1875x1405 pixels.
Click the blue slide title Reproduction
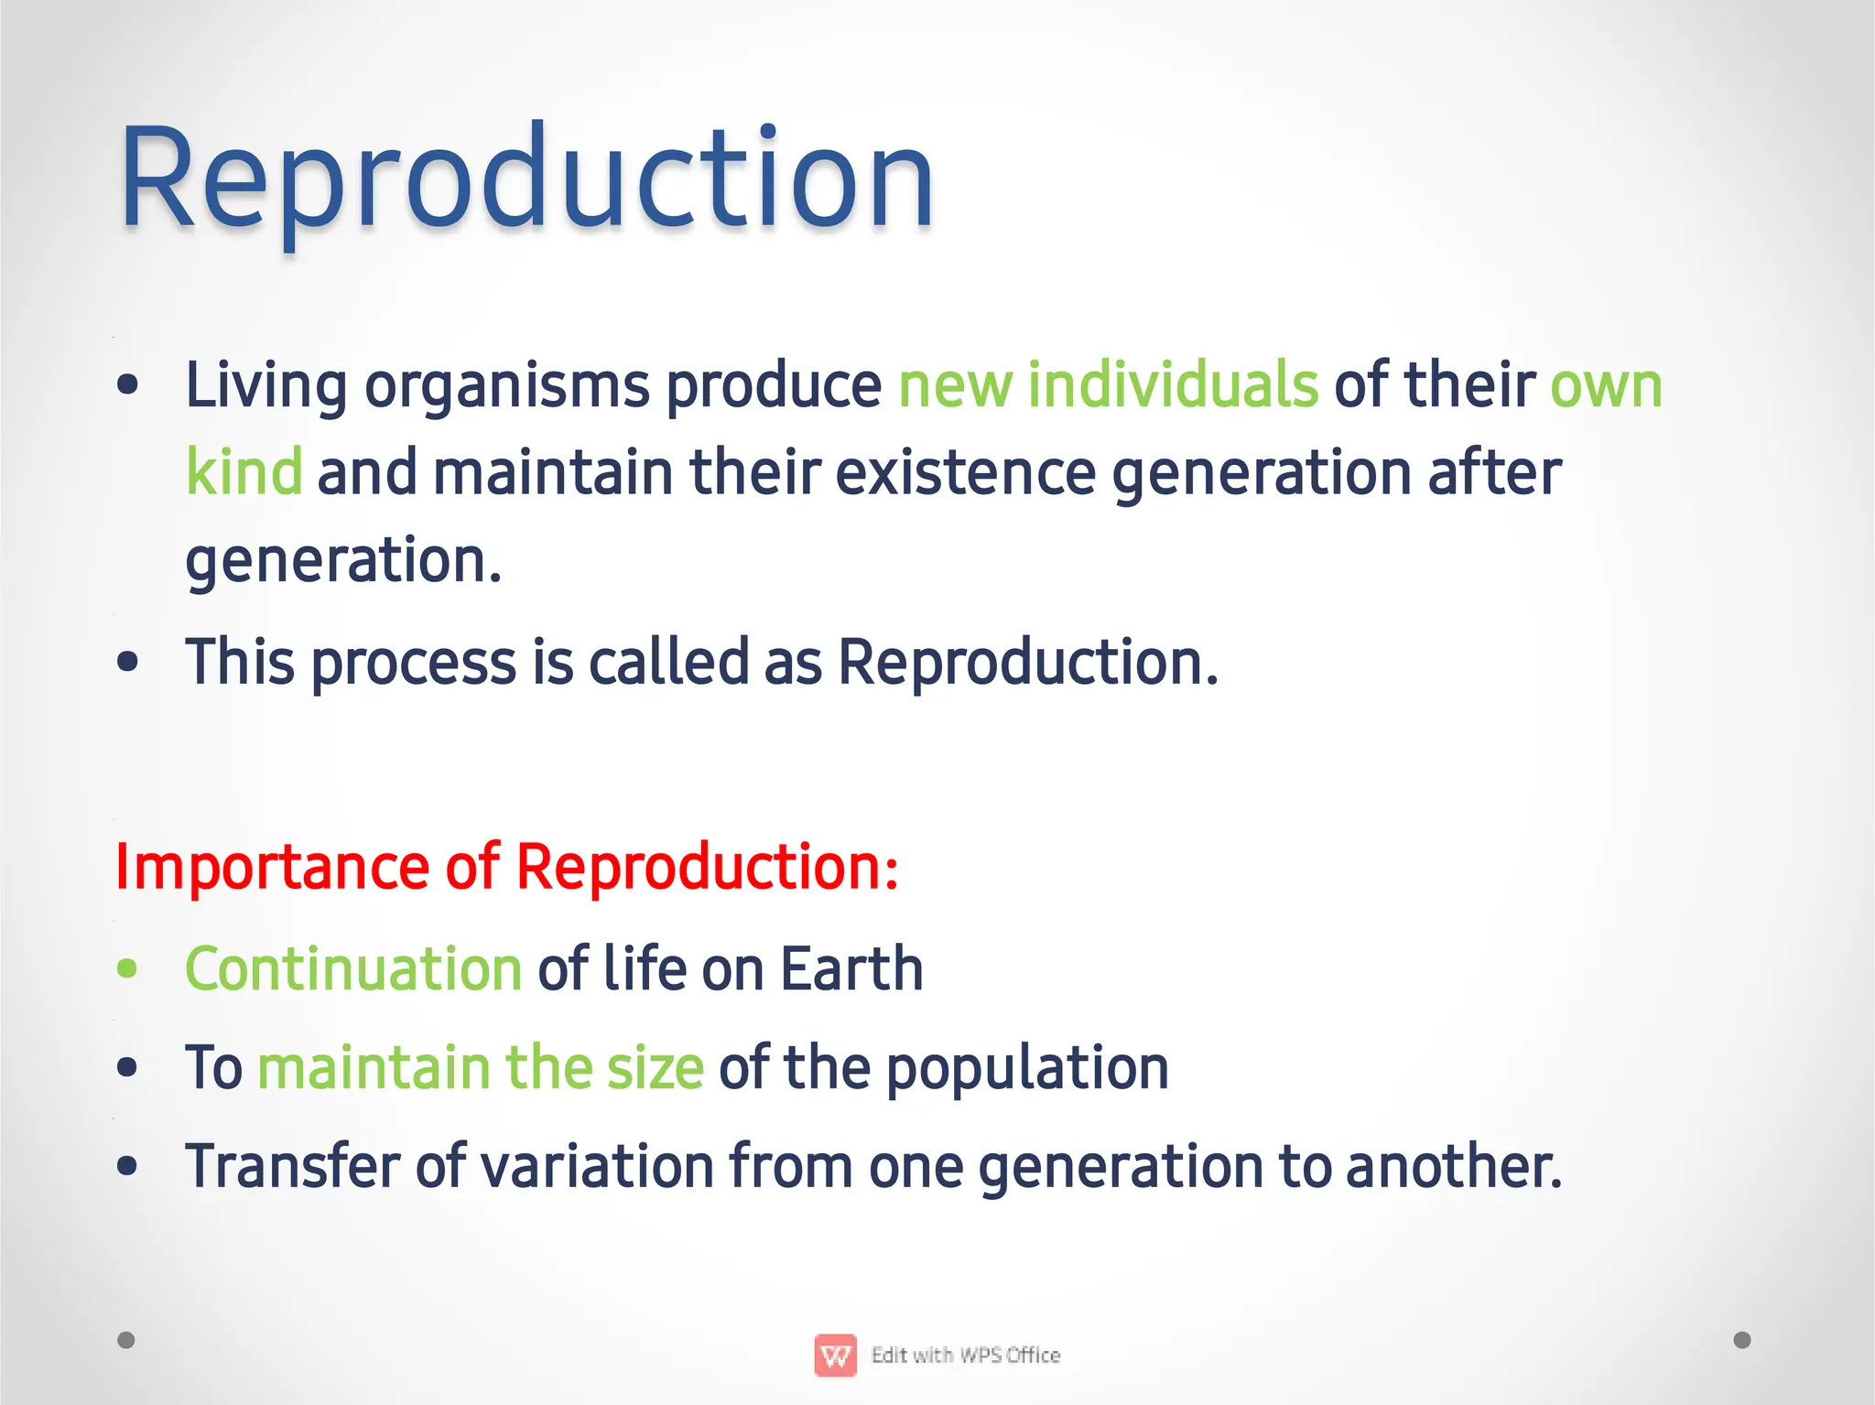[526, 178]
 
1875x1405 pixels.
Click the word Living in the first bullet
[266, 385]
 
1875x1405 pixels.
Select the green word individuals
[1172, 384]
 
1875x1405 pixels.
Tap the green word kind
[244, 471]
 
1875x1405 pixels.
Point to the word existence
[965, 473]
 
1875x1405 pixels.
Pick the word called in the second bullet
[668, 662]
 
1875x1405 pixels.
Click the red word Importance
[272, 867]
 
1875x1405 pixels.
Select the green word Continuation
[353, 968]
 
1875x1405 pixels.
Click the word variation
[597, 1166]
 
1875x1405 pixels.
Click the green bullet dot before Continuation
[127, 969]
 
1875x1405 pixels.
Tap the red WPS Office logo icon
[835, 1356]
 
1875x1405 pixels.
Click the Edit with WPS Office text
[965, 1355]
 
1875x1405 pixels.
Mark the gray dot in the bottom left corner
[126, 1340]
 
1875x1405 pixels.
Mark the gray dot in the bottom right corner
[1742, 1340]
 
